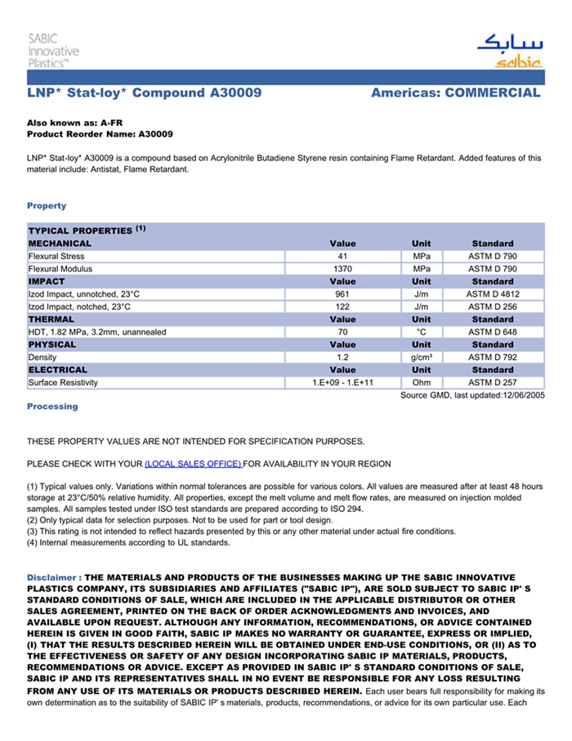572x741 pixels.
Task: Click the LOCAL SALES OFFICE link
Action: click(x=193, y=464)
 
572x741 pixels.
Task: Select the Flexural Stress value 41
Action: click(x=342, y=256)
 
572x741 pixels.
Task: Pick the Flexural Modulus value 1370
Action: click(x=342, y=268)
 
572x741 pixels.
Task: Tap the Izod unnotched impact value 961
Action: click(x=342, y=294)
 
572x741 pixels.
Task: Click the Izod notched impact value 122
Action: click(x=342, y=307)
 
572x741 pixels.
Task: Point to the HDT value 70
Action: click(x=342, y=332)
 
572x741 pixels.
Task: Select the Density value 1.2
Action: click(x=342, y=357)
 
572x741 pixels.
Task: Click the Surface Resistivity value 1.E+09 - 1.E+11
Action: click(x=342, y=383)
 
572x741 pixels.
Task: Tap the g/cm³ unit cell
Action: click(x=422, y=357)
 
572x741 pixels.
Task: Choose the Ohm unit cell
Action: click(x=422, y=383)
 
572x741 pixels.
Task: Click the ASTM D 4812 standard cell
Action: click(x=493, y=294)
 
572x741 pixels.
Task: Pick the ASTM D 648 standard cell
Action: click(x=493, y=332)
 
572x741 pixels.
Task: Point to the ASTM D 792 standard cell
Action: click(x=493, y=357)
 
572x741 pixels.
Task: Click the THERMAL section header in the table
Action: click(x=51, y=319)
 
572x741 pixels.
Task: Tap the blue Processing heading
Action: click(x=52, y=406)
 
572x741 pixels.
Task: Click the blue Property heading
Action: click(x=47, y=205)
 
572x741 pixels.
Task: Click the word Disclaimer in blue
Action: click(x=52, y=577)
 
